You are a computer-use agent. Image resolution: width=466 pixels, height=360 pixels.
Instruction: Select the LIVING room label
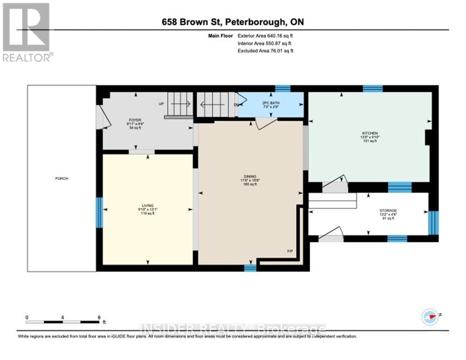coord(148,205)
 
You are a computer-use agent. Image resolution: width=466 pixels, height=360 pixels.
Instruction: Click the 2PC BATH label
coord(270,103)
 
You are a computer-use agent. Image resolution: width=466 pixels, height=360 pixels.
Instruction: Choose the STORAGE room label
coord(387,211)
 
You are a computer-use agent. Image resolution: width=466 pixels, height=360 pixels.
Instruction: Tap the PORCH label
coord(62,178)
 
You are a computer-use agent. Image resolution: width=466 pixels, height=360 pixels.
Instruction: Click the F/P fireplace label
coord(290,252)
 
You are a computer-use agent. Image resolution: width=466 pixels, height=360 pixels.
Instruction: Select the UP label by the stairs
coord(161,104)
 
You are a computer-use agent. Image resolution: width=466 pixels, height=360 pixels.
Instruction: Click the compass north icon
coord(430,317)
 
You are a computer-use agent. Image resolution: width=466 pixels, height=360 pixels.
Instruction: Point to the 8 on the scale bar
coord(98,317)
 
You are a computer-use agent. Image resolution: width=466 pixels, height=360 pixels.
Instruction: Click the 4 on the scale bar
coord(62,317)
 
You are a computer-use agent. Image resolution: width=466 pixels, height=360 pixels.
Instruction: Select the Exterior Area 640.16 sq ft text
coord(265,35)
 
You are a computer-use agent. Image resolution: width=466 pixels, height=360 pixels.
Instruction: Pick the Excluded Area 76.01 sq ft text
coord(266,51)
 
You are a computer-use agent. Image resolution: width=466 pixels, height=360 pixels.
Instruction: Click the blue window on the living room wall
coord(99,212)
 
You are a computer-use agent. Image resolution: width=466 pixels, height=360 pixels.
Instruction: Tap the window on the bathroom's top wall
coord(282,88)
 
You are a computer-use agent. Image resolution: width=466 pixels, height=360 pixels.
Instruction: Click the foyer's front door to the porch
coord(102,117)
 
